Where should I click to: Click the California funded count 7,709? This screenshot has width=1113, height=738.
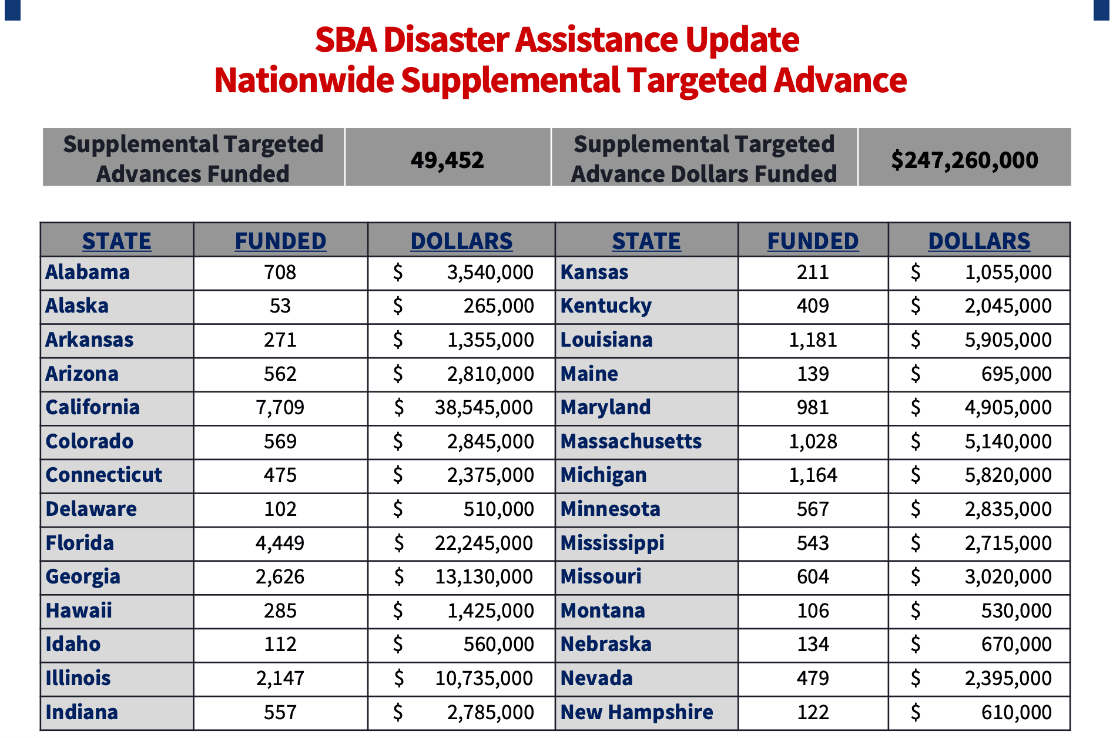pos(280,408)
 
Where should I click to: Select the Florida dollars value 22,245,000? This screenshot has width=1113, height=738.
pos(484,544)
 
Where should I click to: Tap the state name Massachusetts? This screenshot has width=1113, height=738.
pos(631,441)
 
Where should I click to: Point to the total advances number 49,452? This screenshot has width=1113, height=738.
pos(447,160)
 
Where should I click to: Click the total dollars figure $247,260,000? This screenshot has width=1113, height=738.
pos(964,160)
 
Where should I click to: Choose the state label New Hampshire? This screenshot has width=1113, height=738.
pos(637,712)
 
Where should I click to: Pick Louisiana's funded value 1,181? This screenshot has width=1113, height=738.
pos(813,340)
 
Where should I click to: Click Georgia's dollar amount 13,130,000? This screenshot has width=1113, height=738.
pos(484,577)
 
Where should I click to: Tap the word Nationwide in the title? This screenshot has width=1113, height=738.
pos(304,80)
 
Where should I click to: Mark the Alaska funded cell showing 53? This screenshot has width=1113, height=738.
pos(280,306)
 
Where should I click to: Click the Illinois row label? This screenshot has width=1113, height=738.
pos(78,679)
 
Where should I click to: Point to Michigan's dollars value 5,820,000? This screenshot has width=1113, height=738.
pos(1008,475)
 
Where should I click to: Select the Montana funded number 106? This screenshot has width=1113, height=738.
pos(813,611)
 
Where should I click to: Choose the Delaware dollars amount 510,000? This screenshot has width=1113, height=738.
pos(498,509)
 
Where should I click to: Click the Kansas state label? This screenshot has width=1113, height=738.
pos(594,273)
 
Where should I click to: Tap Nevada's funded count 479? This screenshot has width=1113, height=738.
pos(813,679)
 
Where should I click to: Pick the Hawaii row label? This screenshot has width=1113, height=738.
pos(79,611)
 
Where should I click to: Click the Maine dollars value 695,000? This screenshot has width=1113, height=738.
pos(1016,374)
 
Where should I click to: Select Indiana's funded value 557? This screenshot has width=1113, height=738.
pos(280,713)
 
